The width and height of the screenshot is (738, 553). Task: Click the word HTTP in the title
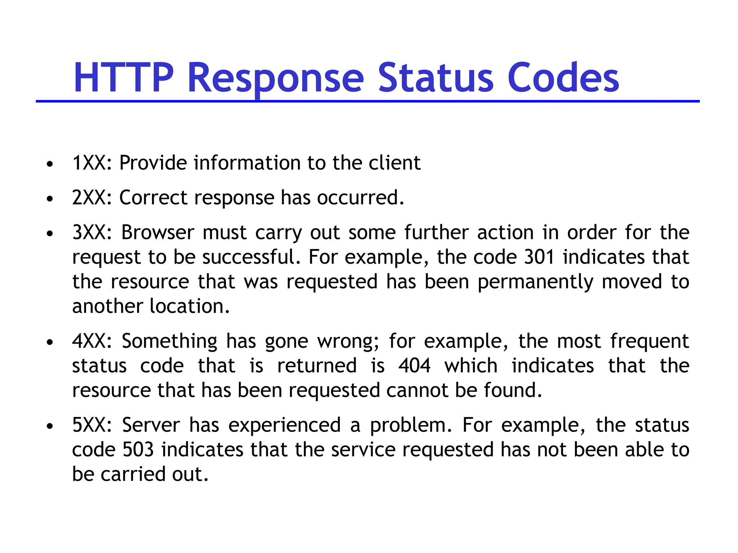coord(123,77)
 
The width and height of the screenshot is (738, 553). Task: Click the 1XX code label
coord(92,163)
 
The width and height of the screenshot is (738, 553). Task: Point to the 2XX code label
coord(92,198)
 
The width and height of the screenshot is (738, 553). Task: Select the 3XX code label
coord(92,233)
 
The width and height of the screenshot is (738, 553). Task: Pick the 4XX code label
coord(92,341)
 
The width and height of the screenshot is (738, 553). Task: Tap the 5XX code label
coord(92,425)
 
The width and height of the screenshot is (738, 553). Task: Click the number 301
coord(539,257)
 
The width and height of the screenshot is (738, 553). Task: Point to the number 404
coord(414,366)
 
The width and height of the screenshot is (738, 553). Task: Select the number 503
coord(138,450)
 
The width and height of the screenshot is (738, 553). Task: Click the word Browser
coord(157,233)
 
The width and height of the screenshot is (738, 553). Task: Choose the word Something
coord(169,341)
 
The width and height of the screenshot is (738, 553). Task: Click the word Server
coord(151,425)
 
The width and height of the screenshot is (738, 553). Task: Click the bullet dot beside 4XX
coord(50,342)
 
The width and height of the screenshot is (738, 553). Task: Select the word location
coord(190,306)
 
